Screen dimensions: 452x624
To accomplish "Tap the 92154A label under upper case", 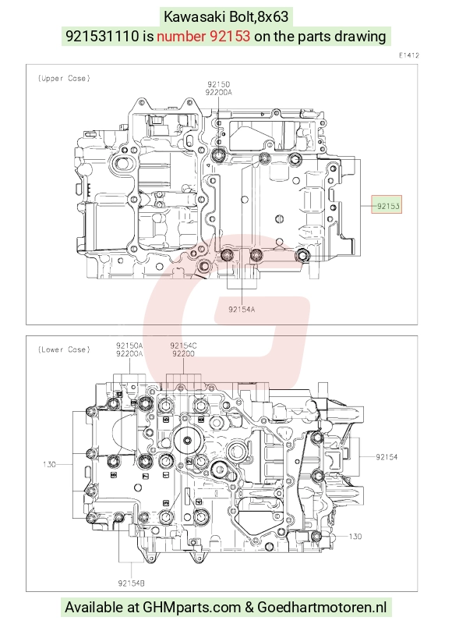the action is pyautogui.click(x=242, y=309).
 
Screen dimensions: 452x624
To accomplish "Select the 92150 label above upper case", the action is pyautogui.click(x=219, y=84).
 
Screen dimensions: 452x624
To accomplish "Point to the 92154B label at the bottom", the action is pyautogui.click(x=131, y=583).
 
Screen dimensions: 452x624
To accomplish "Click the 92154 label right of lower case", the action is pyautogui.click(x=387, y=457).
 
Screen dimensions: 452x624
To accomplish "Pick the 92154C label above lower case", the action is pyautogui.click(x=183, y=346).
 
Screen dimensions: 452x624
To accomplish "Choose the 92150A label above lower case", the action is pyautogui.click(x=129, y=346).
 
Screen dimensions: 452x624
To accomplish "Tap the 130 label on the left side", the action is pyautogui.click(x=49, y=464).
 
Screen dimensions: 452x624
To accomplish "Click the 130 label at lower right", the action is pyautogui.click(x=355, y=537).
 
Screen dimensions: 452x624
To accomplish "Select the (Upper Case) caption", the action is pyautogui.click(x=64, y=79).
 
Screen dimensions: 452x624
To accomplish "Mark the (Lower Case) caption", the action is pyautogui.click(x=64, y=349).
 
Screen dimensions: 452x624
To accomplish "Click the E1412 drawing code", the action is pyautogui.click(x=409, y=55).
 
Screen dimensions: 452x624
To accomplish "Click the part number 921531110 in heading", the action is pyautogui.click(x=102, y=36).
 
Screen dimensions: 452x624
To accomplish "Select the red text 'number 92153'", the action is pyautogui.click(x=203, y=36).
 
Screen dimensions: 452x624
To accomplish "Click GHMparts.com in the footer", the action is pyautogui.click(x=192, y=608).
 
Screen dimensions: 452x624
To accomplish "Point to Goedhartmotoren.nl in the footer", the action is pyautogui.click(x=322, y=608).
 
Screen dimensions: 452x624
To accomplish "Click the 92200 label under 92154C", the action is pyautogui.click(x=183, y=353).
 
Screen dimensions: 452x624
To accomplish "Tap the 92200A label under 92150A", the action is pyautogui.click(x=129, y=353).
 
